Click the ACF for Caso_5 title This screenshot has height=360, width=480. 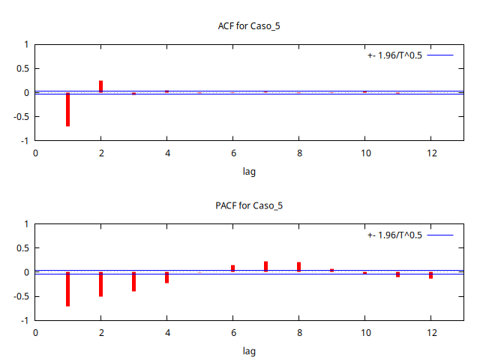tap(249, 26)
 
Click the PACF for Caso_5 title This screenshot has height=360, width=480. tap(249, 205)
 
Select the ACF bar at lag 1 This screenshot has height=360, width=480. tap(67, 109)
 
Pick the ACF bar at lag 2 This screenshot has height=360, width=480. tap(100, 86)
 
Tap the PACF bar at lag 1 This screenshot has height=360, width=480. tap(67, 289)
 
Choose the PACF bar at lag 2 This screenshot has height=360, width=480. tap(100, 284)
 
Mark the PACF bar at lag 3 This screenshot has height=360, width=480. tap(133, 281)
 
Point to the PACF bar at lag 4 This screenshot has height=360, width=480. tap(166, 277)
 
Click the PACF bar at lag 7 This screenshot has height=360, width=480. tap(265, 266)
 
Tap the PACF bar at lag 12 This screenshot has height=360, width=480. tap(430, 275)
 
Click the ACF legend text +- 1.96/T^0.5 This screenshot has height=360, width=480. tap(394, 55)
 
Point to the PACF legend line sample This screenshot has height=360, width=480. tap(441, 235)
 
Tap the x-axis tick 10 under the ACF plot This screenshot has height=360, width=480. tap(364, 153)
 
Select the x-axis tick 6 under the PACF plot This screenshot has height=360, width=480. tap(232, 332)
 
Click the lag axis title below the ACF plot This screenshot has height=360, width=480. tap(249, 171)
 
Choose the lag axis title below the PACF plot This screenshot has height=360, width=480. tap(249, 350)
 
